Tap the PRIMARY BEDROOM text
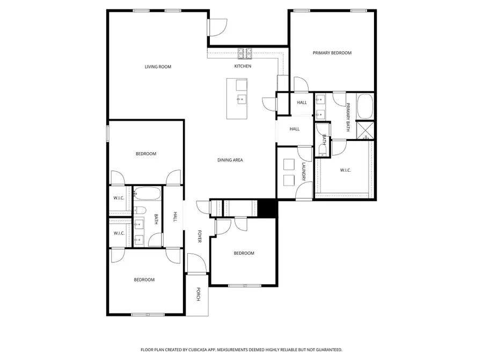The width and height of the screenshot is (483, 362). pos(332,53)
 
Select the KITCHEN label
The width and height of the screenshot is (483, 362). pos(243,66)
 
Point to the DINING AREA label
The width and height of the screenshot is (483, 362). pos(230,160)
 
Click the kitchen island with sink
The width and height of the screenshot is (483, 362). pos(237,99)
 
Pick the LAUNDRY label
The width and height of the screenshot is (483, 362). pos(304,172)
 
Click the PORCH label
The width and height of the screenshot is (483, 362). pos(198,294)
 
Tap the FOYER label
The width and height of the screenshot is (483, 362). pos(199,237)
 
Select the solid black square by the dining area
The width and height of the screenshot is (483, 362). pos(267,208)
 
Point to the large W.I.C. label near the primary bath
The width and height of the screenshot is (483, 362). pos(345,171)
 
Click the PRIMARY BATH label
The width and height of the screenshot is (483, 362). pos(348,117)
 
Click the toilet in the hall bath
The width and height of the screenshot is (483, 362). pos(138,210)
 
